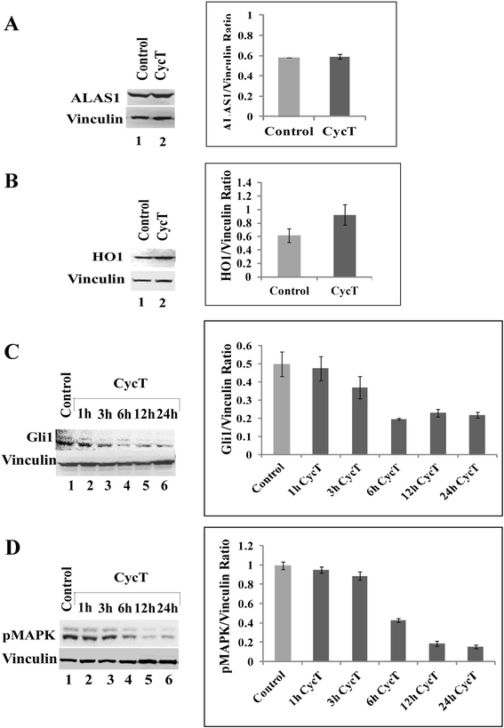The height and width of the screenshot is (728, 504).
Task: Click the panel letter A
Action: point(12,26)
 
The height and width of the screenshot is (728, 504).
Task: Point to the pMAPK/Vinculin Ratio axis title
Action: point(236,602)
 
